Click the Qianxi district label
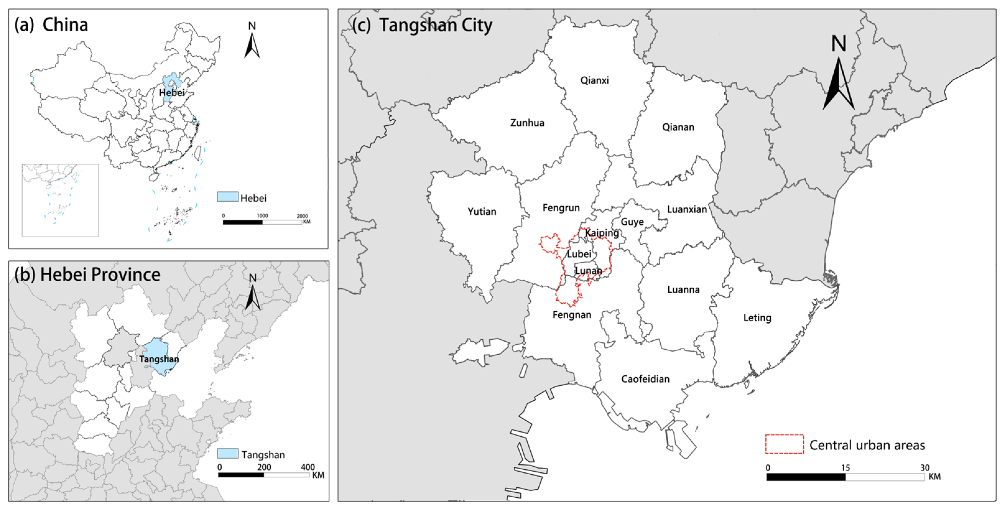594,80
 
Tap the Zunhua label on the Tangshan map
527,123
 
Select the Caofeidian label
645,379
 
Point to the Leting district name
757,318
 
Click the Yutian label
482,212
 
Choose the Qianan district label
678,127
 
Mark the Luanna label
683,290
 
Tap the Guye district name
632,222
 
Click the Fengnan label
571,315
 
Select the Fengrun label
561,208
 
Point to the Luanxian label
686,209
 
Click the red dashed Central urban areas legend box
784,444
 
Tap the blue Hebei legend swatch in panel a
228,197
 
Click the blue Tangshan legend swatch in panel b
228,453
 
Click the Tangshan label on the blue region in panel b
159,359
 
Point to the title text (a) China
51,25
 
